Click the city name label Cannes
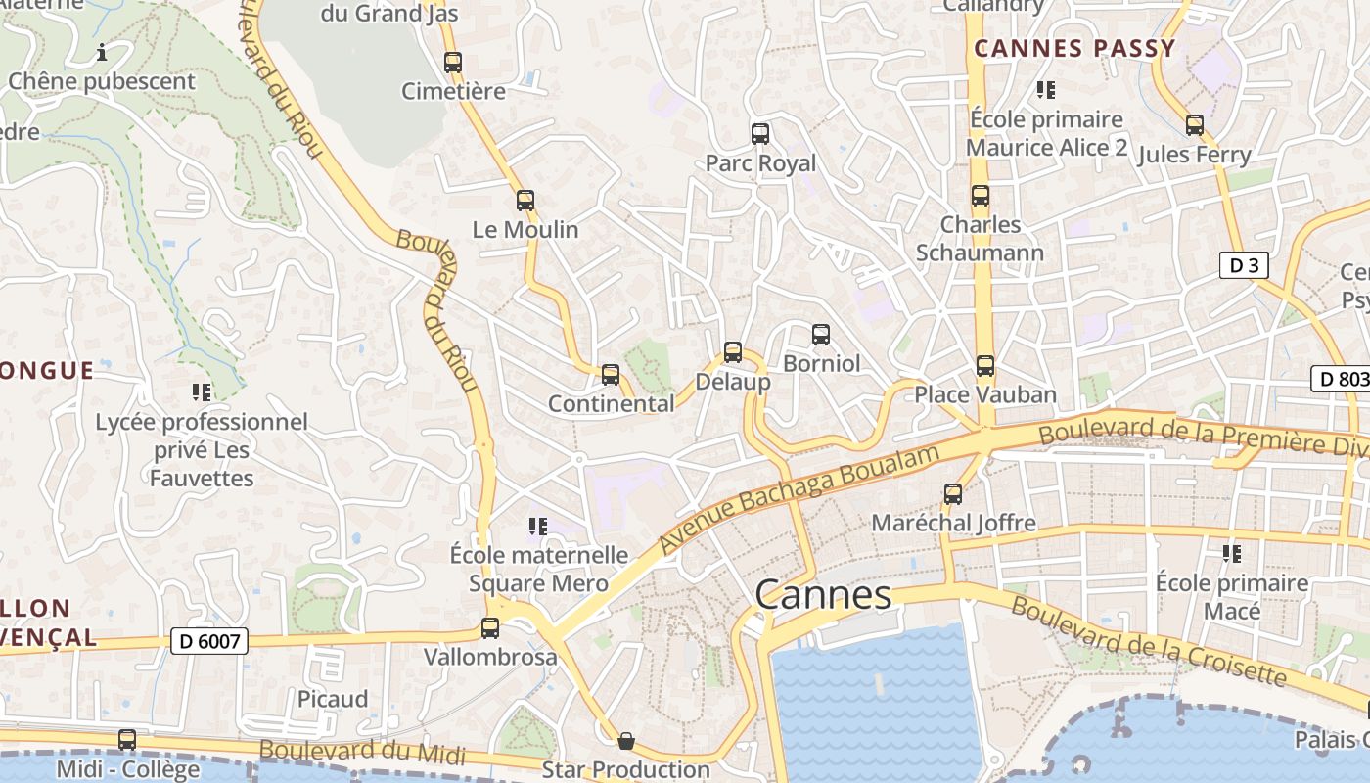click(x=823, y=594)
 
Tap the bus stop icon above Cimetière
click(x=452, y=63)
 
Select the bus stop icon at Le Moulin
click(x=525, y=201)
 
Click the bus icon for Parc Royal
click(x=760, y=134)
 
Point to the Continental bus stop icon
click(x=611, y=374)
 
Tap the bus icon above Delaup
click(x=733, y=352)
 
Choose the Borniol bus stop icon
click(x=821, y=335)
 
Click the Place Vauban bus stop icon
click(x=984, y=366)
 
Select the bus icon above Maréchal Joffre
click(x=953, y=494)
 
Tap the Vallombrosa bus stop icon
click(x=490, y=628)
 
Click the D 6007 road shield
click(x=209, y=641)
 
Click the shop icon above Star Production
click(x=626, y=741)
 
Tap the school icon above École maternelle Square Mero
click(x=537, y=527)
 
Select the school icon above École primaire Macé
click(x=1232, y=554)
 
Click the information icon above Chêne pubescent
click(x=101, y=51)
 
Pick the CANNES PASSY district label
click(x=1074, y=48)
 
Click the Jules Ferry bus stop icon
click(x=1195, y=125)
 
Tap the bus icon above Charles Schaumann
click(x=981, y=196)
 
